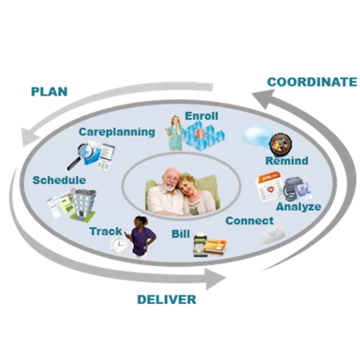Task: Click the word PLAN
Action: click(x=50, y=91)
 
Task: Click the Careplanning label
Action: click(x=116, y=131)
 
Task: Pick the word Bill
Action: click(x=181, y=234)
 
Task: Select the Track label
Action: click(x=105, y=231)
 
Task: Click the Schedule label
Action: click(x=59, y=180)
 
